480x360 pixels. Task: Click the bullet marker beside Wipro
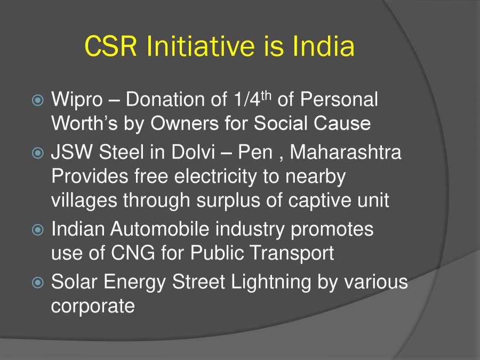[38, 100]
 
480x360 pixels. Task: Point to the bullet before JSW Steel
[38, 154]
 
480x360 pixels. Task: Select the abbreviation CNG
[131, 253]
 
